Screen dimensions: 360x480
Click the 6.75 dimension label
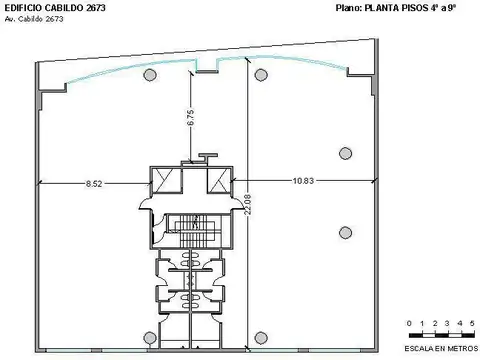point(189,117)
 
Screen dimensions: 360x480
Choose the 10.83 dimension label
point(306,180)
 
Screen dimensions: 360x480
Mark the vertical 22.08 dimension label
point(248,204)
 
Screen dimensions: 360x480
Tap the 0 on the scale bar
point(409,323)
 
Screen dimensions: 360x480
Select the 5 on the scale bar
point(472,323)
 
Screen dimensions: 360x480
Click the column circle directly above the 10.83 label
point(345,153)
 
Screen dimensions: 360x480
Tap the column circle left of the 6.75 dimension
point(149,76)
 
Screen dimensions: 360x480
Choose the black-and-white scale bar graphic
point(440,332)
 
